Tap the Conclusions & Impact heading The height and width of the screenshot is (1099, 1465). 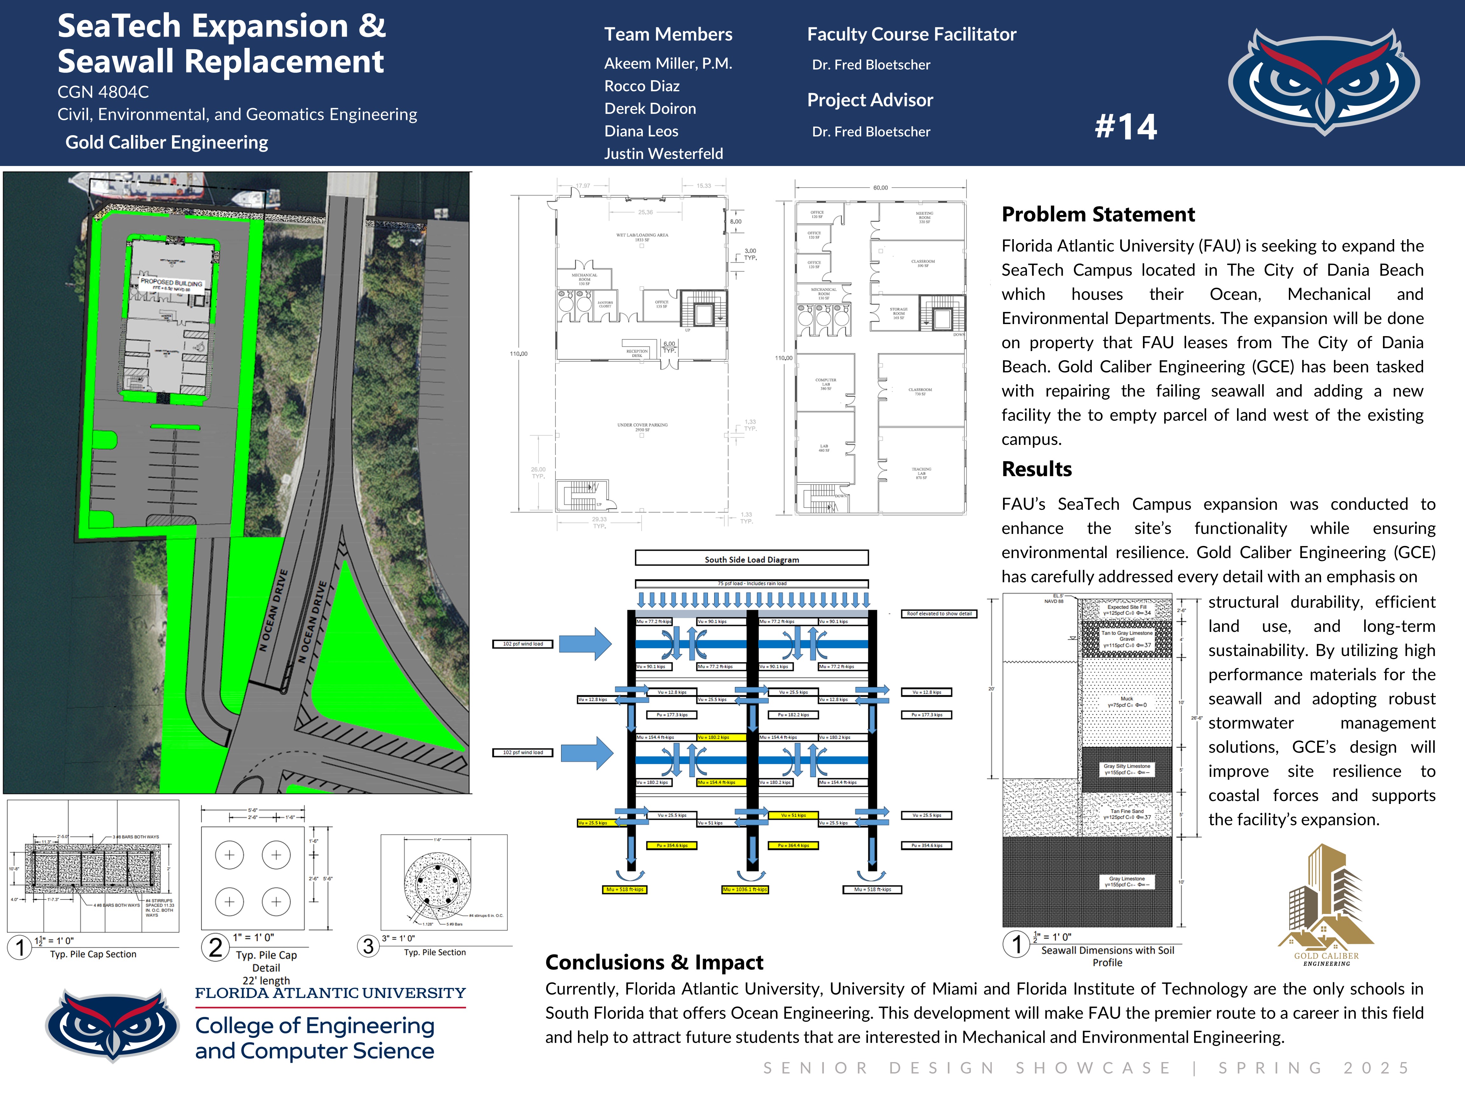(x=654, y=962)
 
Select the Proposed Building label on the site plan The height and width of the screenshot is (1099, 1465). (x=171, y=284)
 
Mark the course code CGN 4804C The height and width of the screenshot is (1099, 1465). (x=103, y=92)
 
